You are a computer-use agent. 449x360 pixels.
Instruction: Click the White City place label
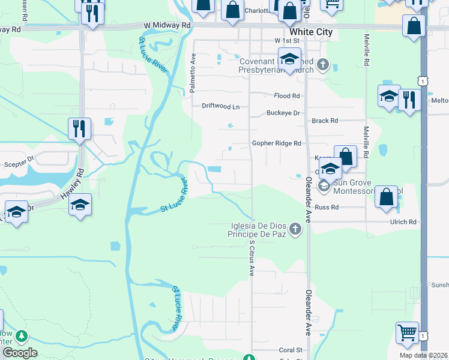(x=308, y=31)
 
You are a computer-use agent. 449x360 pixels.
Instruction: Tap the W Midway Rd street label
(x=167, y=26)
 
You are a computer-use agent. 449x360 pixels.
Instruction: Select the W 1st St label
(x=286, y=40)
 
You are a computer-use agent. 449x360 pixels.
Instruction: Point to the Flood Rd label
(x=286, y=96)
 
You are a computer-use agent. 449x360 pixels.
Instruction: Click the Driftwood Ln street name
(x=220, y=106)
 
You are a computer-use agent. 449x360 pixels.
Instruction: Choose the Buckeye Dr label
(x=283, y=113)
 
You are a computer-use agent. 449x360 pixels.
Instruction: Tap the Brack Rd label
(x=325, y=121)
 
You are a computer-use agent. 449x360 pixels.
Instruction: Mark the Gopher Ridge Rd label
(x=276, y=143)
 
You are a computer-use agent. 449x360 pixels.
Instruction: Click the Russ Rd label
(x=327, y=207)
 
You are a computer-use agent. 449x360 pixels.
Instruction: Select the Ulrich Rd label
(x=404, y=222)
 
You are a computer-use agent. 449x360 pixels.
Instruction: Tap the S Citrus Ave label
(x=252, y=259)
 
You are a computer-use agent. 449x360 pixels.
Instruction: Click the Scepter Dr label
(x=19, y=161)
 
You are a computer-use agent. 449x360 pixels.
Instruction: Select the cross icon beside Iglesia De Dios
(x=295, y=229)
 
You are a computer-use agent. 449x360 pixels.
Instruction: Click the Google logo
(x=20, y=353)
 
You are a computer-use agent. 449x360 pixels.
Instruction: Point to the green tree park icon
(x=22, y=336)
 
